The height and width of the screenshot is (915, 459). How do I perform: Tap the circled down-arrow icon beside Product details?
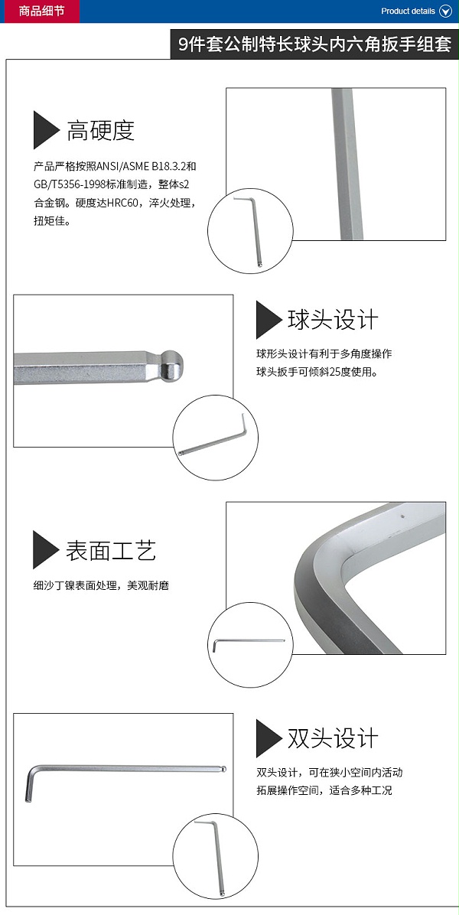point(445,11)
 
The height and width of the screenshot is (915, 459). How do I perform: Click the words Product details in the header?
point(408,11)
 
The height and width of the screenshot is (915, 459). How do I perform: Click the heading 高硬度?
point(100,131)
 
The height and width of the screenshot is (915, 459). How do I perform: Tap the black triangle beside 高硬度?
point(45,129)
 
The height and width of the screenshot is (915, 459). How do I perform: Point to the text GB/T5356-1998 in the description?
point(70,184)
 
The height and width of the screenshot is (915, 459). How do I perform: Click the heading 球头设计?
point(333,320)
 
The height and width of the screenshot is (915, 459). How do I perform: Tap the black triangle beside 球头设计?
point(269,320)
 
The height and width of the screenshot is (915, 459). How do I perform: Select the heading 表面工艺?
point(111,550)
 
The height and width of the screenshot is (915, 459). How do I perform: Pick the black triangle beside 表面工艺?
point(45,550)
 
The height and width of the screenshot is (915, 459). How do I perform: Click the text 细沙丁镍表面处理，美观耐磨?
point(101,585)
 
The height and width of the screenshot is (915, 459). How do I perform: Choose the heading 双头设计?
point(333,738)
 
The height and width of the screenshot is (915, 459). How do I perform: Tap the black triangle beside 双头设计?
point(269,738)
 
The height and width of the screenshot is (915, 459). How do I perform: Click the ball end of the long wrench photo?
point(223,769)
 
